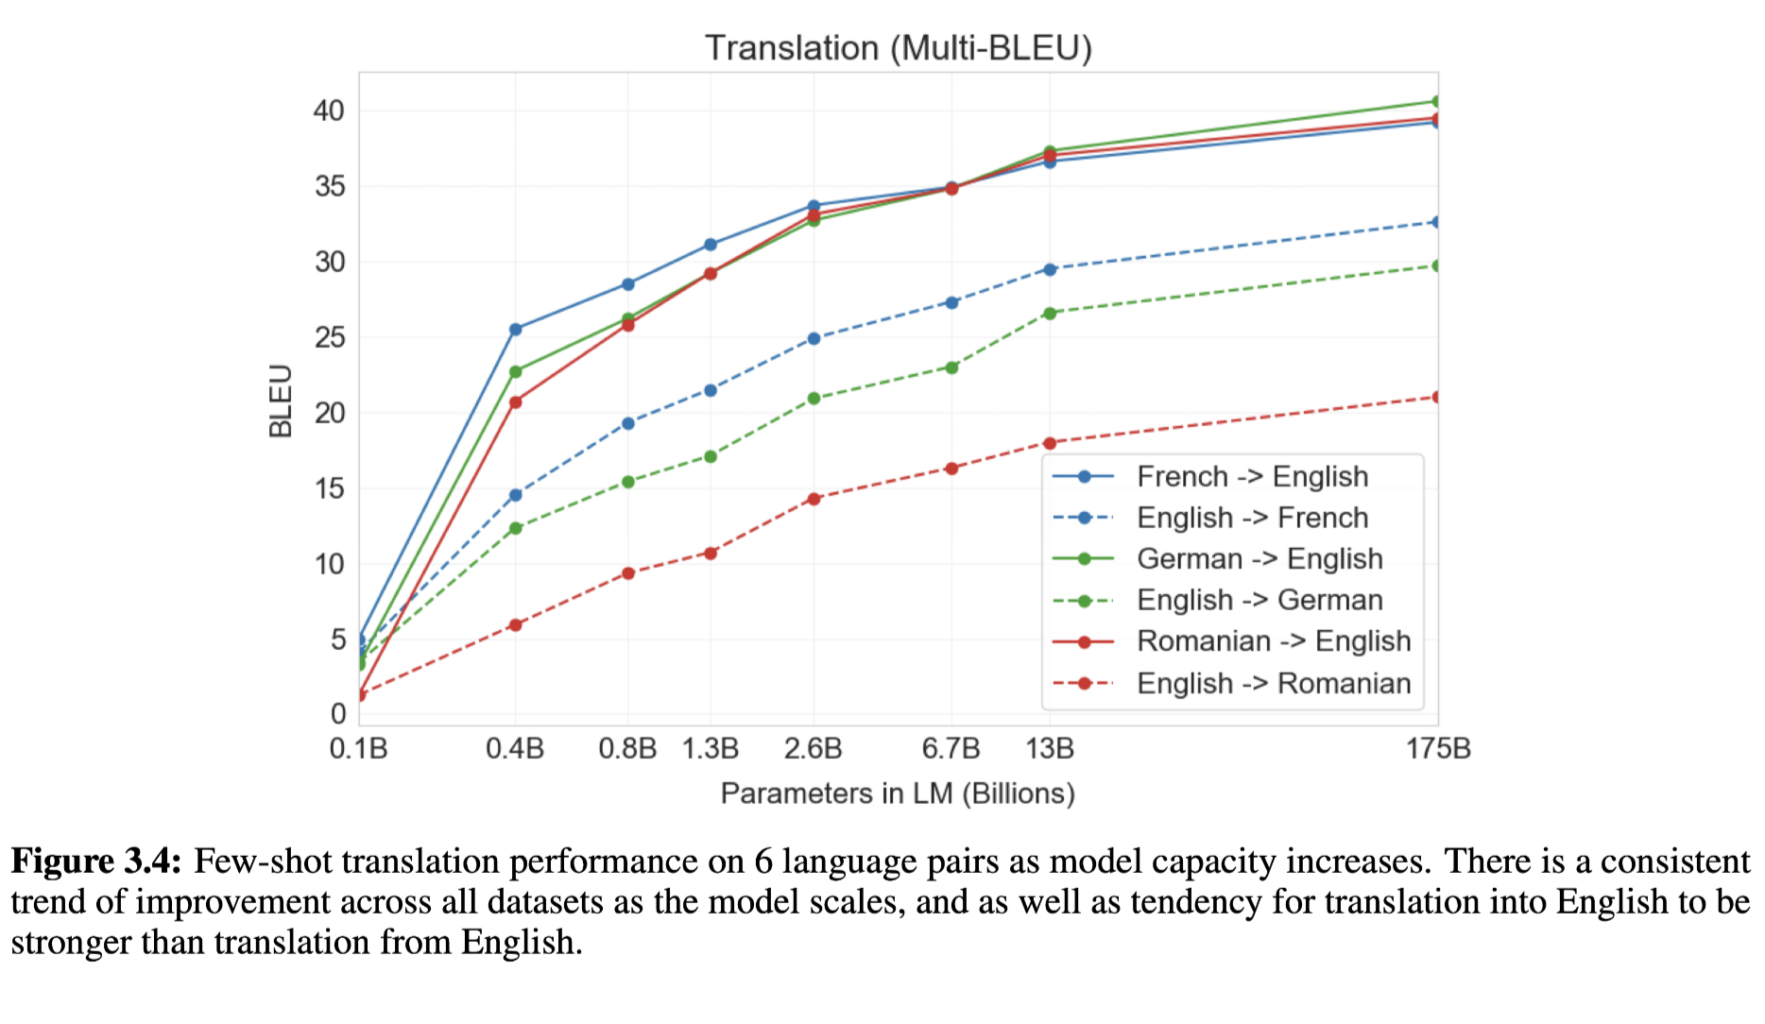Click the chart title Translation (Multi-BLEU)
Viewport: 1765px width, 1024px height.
(898, 47)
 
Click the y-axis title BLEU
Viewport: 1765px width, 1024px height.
(281, 401)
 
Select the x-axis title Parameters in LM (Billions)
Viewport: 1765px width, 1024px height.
(898, 793)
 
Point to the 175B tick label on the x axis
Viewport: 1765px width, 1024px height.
(1438, 749)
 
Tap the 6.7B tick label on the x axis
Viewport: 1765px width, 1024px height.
(951, 749)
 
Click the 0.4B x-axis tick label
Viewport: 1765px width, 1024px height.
(515, 749)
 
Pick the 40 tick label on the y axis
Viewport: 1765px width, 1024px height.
(330, 111)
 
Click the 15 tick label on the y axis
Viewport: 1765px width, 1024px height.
(330, 488)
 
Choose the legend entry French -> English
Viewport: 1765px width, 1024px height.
(1252, 477)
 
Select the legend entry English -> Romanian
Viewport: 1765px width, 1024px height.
(1273, 683)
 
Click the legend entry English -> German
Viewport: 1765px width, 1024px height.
(1259, 600)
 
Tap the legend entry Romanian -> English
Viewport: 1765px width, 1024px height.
(1273, 641)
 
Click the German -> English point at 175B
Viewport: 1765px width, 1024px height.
(1436, 101)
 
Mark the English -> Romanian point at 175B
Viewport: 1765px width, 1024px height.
(1436, 397)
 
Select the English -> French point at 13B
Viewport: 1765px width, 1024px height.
(1050, 269)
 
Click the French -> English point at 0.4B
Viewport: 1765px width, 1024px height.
(515, 330)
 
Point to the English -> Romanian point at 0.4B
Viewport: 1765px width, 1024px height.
(515, 624)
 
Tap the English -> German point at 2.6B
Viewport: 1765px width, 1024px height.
(814, 399)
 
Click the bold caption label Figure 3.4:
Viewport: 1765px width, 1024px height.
(95, 862)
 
